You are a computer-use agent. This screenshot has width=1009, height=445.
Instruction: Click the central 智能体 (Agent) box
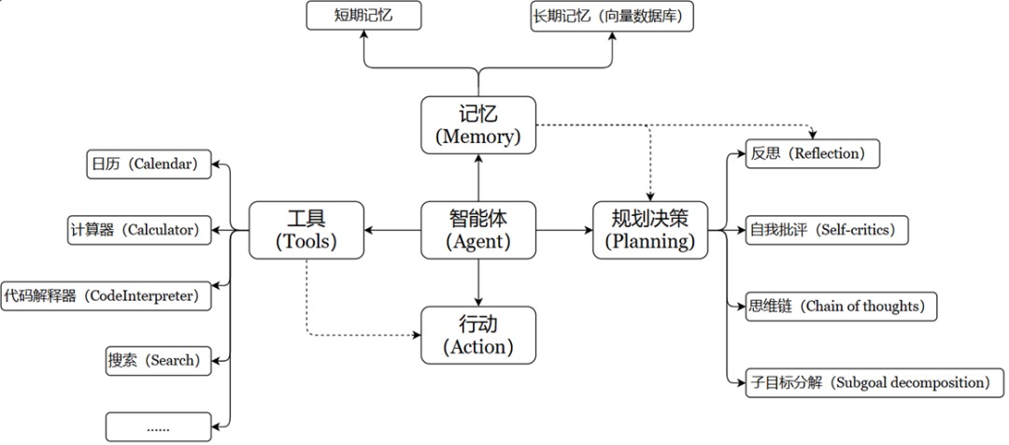[477, 230]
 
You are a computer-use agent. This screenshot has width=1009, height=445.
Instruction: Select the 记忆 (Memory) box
[477, 124]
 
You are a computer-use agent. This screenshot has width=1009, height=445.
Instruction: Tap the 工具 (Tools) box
[306, 230]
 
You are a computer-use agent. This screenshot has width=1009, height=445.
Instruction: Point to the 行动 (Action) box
[477, 336]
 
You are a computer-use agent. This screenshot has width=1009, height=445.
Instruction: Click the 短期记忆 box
[363, 16]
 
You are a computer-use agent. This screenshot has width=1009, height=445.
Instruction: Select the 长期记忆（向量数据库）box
[613, 17]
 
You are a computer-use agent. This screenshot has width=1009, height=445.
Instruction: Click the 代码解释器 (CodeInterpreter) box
[106, 295]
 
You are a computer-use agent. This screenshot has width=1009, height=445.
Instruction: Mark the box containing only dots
[159, 426]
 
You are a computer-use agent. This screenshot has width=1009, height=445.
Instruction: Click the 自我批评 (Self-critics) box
[827, 229]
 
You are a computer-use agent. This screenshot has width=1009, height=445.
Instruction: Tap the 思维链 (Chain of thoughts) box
[841, 305]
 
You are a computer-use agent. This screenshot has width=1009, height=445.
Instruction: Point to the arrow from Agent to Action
[477, 281]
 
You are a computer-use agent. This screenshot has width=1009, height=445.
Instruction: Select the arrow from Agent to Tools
[392, 230]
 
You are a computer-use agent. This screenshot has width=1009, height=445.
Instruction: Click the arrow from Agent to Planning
[564, 230]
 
